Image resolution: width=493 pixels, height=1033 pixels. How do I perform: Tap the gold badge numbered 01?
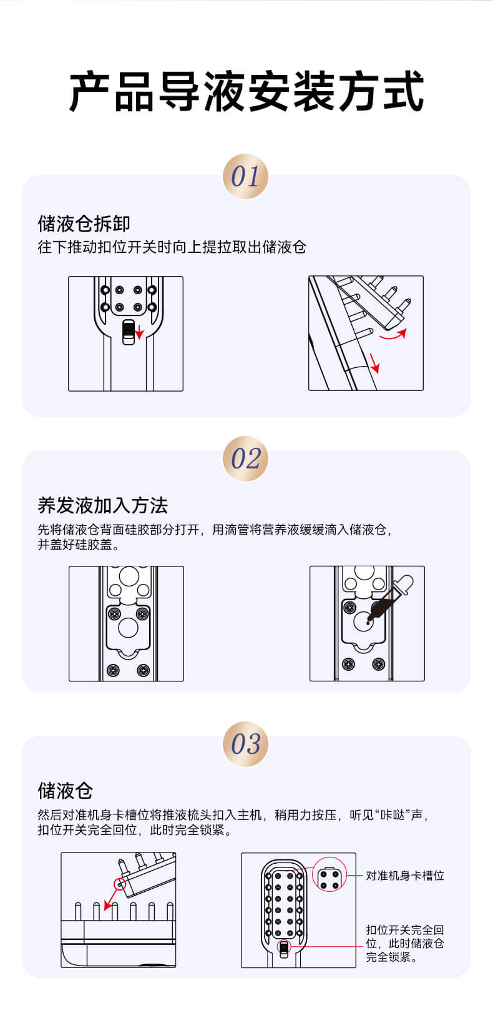[246, 176]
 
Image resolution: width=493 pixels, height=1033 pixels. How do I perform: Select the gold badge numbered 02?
[246, 458]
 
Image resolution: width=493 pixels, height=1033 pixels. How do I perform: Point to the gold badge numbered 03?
[246, 744]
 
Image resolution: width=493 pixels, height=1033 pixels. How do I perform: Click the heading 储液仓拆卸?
[84, 224]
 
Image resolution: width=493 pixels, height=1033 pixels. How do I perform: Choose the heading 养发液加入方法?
[103, 505]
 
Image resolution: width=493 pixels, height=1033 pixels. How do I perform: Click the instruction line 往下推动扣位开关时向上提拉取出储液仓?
[172, 247]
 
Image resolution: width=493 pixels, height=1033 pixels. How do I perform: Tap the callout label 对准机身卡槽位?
[405, 875]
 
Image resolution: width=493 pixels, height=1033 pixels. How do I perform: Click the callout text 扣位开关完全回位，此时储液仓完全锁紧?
[405, 943]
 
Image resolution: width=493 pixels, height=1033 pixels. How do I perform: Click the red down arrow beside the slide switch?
[140, 331]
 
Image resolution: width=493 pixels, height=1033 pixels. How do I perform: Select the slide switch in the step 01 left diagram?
[129, 332]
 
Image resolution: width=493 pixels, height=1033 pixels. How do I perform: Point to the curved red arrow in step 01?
[394, 335]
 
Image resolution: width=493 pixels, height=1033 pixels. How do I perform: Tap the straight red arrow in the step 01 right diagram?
[374, 363]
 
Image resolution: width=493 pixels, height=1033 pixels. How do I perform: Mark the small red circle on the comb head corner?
[120, 884]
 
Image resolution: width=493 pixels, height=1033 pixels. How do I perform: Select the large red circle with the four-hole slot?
[329, 874]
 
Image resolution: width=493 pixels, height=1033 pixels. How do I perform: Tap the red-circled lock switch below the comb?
[284, 947]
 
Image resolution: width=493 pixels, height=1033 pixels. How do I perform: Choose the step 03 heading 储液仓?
[66, 791]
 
